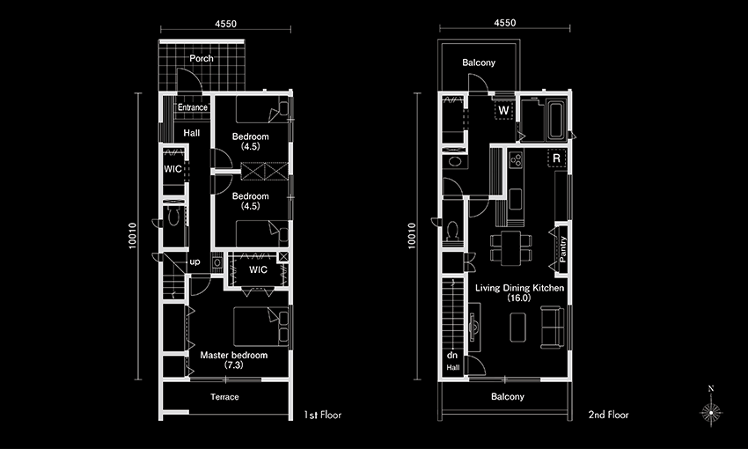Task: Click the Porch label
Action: (202, 58)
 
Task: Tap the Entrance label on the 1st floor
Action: (193, 107)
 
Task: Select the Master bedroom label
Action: (234, 355)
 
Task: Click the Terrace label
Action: (224, 396)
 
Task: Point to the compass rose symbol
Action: (711, 411)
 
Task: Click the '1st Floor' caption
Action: (323, 415)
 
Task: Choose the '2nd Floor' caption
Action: (608, 415)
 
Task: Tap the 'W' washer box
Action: (503, 110)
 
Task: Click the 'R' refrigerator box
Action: (557, 158)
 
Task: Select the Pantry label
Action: (563, 249)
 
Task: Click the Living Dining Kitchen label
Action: (519, 288)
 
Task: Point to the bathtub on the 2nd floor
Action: (556, 120)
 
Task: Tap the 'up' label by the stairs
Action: (194, 261)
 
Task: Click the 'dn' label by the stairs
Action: (452, 355)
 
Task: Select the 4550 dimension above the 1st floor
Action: (225, 24)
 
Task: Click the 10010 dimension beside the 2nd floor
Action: (412, 236)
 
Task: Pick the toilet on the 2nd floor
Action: (452, 231)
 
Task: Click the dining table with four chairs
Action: (511, 247)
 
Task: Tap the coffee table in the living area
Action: (518, 328)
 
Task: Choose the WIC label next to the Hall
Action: (172, 169)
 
